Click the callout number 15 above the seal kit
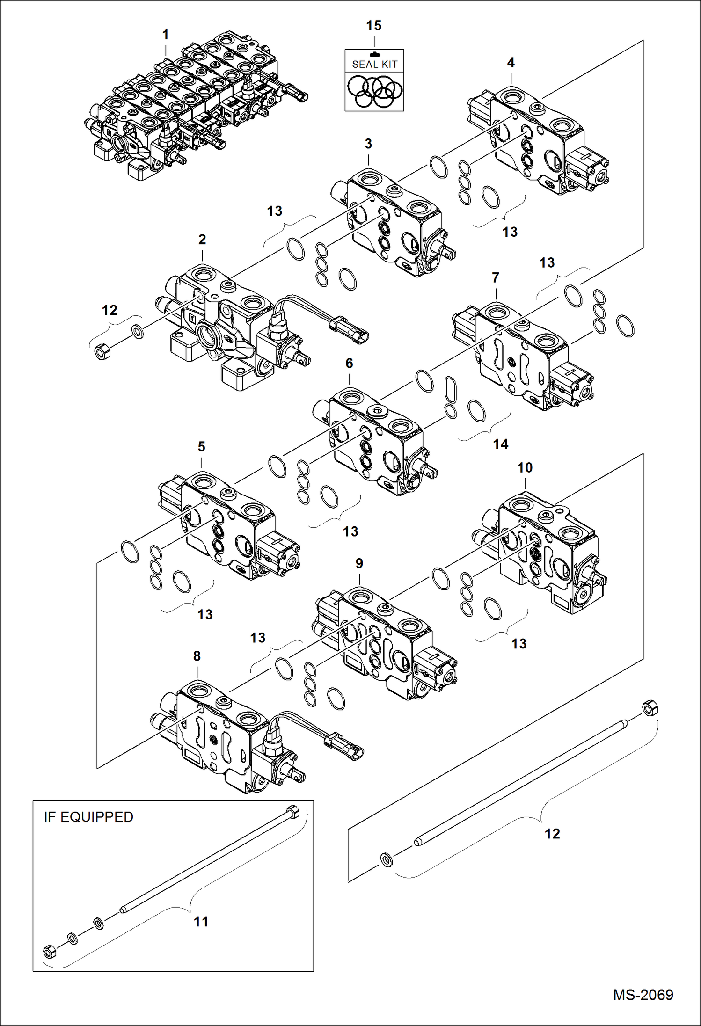click(x=373, y=26)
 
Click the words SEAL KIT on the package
click(x=374, y=64)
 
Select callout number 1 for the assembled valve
click(x=165, y=35)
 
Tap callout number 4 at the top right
click(x=511, y=62)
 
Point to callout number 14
click(x=500, y=444)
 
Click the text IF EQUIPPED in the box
click(x=88, y=817)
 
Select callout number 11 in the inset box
click(x=201, y=922)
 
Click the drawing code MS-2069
click(x=643, y=995)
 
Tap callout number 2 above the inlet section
click(x=202, y=239)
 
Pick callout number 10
click(x=525, y=467)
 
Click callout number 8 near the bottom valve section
click(x=197, y=656)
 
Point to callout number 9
click(x=359, y=563)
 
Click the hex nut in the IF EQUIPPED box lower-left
click(x=49, y=951)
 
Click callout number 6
click(x=349, y=363)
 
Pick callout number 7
click(x=496, y=277)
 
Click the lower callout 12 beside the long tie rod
click(x=552, y=834)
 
